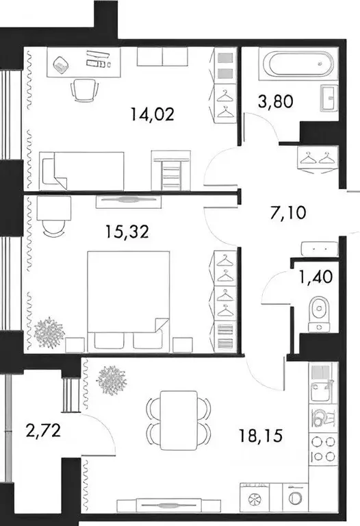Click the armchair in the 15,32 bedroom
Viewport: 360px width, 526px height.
pos(52,218)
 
